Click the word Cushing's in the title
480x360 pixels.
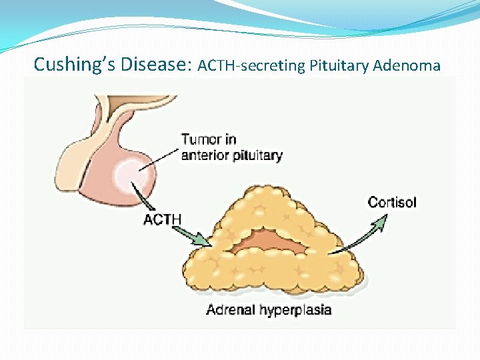[x=76, y=65]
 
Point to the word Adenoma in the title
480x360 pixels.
[x=407, y=65]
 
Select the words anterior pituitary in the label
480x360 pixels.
[x=231, y=156]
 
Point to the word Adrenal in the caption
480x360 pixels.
[x=231, y=309]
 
